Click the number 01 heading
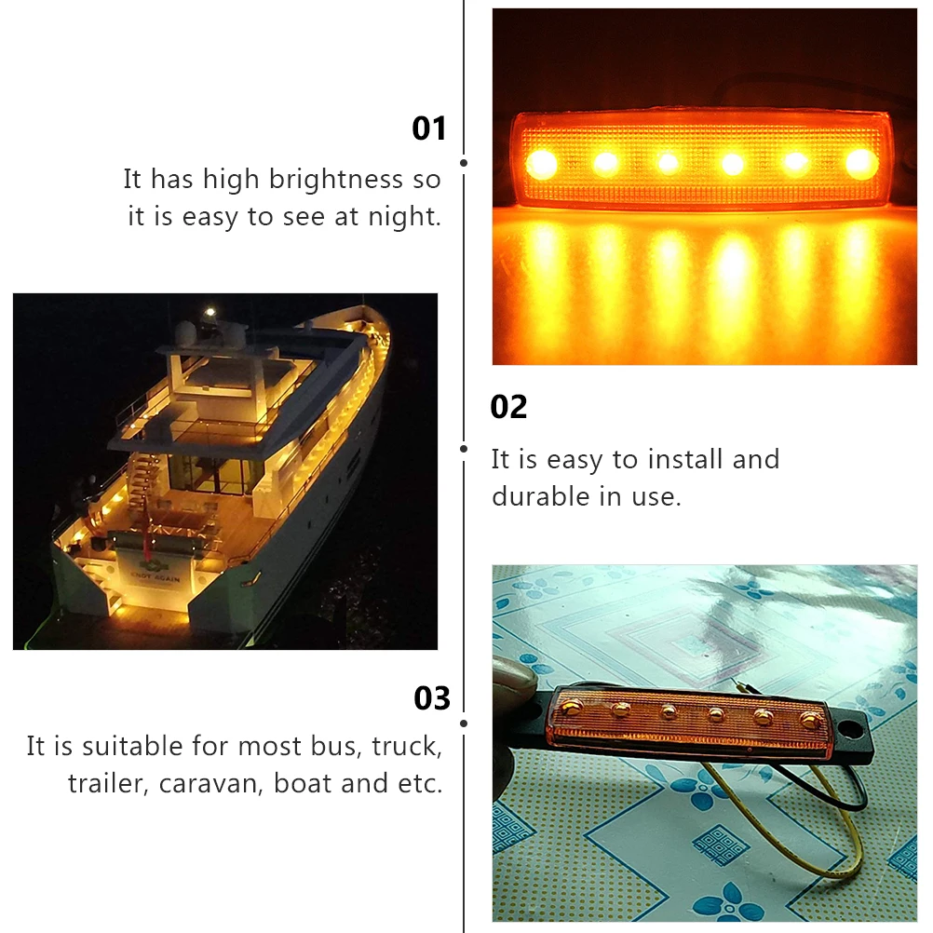click(x=429, y=128)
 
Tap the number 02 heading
click(x=508, y=407)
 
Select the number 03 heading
click(x=432, y=698)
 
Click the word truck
click(x=405, y=746)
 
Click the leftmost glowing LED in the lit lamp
click(x=541, y=164)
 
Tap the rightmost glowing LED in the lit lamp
click(x=861, y=163)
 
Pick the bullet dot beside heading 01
click(x=464, y=163)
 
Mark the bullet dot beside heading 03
click(x=464, y=723)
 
